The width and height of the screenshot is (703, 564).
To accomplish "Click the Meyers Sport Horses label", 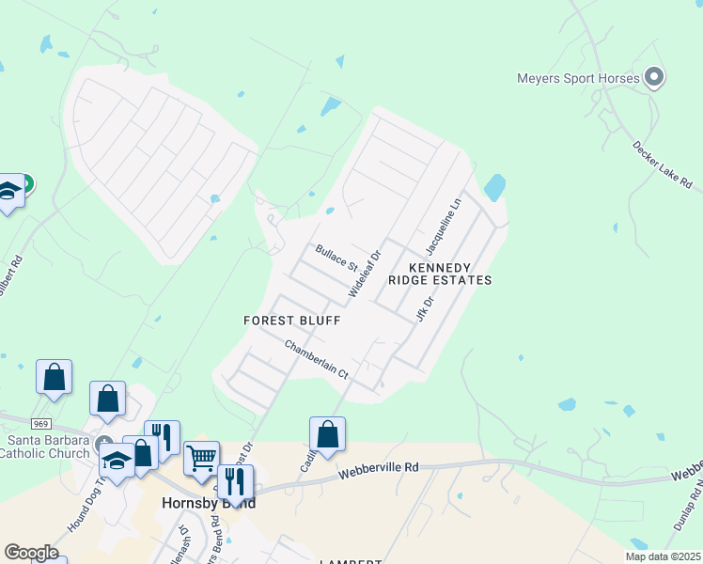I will pyautogui.click(x=578, y=78).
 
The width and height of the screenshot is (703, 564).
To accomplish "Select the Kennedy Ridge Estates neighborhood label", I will pyautogui.click(x=440, y=273).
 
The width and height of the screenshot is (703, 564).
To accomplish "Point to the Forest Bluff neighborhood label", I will pyautogui.click(x=291, y=321).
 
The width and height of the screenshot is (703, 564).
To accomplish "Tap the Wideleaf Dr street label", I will pyautogui.click(x=364, y=274).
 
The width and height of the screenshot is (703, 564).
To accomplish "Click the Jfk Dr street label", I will pyautogui.click(x=425, y=309).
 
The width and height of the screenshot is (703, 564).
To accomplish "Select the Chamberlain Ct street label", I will pyautogui.click(x=317, y=360).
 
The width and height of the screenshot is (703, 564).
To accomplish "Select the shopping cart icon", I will pyautogui.click(x=201, y=459).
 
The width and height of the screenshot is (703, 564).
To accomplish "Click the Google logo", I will pyautogui.click(x=30, y=552).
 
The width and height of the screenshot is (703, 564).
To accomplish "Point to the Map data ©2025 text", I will pyautogui.click(x=663, y=556).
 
